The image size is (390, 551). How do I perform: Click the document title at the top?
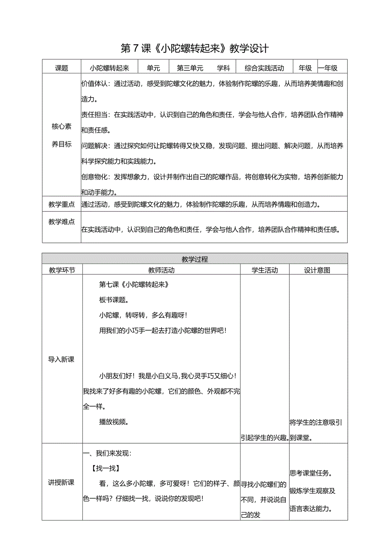coord(195,48)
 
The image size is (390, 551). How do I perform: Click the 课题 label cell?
coord(61,68)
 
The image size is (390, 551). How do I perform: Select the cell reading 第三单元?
coord(190,68)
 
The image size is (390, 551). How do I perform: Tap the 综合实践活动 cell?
coord(264,68)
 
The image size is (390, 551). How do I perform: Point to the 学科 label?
coord(223,68)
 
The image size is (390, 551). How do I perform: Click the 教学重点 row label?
coord(61,205)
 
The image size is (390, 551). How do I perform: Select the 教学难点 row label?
coord(61,222)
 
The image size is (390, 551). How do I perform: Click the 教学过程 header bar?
coord(195,259)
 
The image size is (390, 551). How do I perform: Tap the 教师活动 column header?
coord(161,270)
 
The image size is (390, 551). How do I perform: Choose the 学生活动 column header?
coord(265,270)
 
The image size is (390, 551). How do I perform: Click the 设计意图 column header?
coord(318,270)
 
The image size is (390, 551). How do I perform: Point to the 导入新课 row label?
coord(61,359)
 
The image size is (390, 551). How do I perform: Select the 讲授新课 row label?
coord(61,482)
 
